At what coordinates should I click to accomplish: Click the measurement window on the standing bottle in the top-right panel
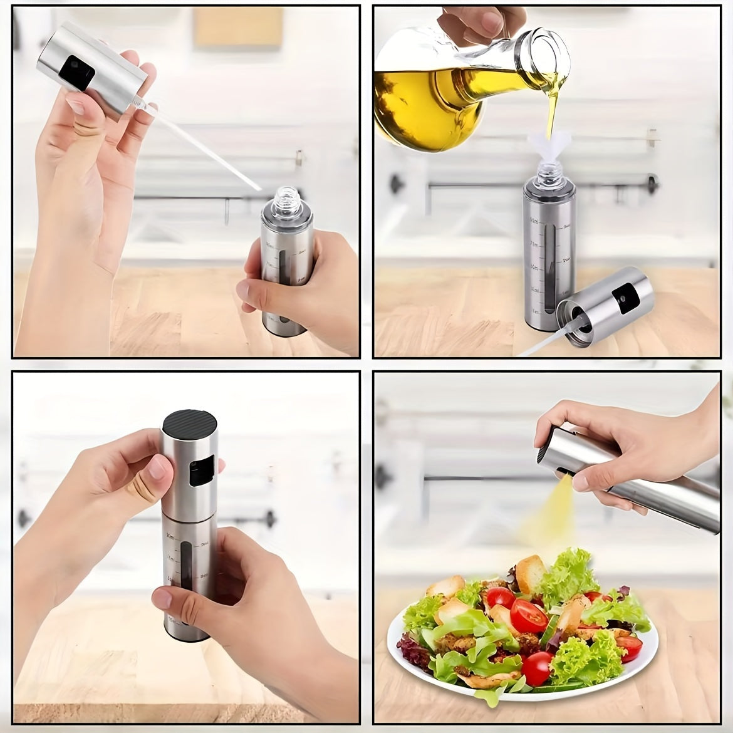click(542, 266)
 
